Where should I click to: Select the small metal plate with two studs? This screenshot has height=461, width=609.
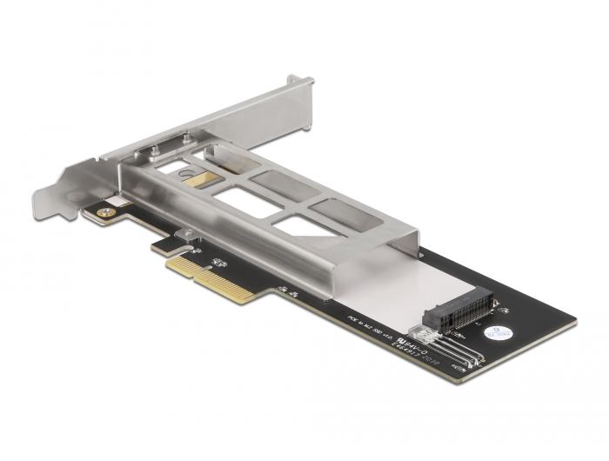170,143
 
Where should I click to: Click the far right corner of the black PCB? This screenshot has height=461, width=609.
574,324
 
